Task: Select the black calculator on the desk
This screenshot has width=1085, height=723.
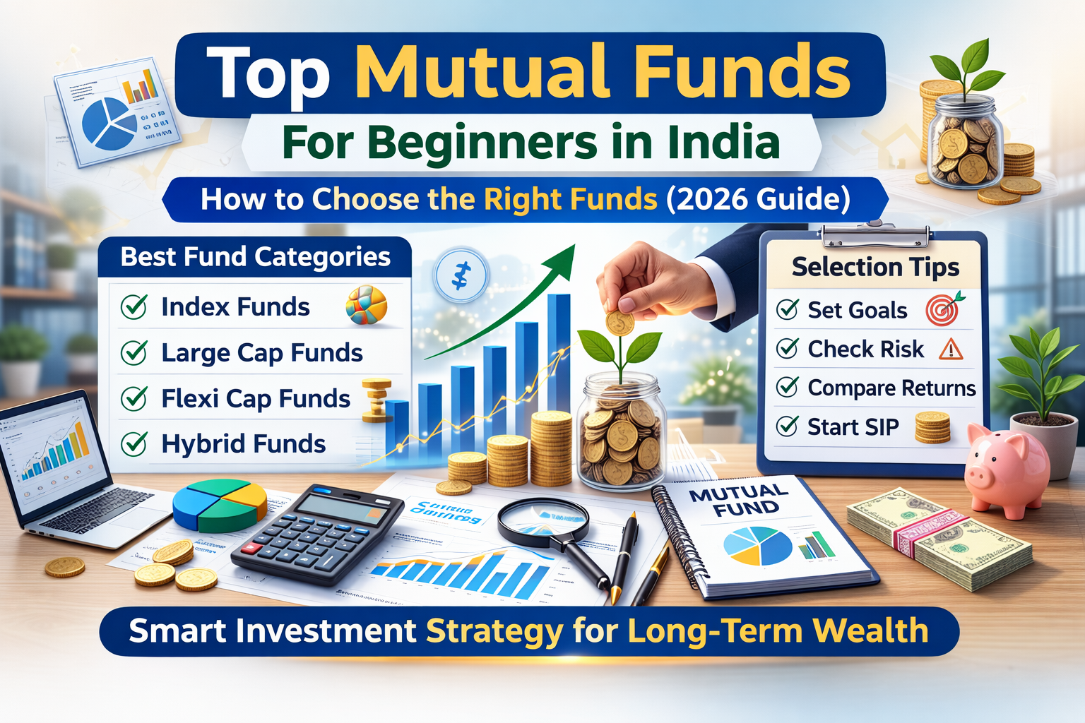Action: tap(318, 533)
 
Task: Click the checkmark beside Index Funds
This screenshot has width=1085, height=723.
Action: tap(134, 307)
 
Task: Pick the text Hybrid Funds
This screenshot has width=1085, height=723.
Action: tap(243, 444)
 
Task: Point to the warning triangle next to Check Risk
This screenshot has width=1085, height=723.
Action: tap(951, 349)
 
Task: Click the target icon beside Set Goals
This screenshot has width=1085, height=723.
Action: tap(944, 309)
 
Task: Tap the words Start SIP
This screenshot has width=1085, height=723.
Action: tap(853, 427)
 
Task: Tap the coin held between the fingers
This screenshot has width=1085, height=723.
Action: tap(619, 323)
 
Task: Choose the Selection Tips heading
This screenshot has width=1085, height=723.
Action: tap(875, 267)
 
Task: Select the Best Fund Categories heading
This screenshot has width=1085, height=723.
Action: tap(255, 257)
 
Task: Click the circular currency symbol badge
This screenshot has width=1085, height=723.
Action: tap(461, 275)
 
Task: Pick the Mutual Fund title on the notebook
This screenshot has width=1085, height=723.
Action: tap(738, 500)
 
